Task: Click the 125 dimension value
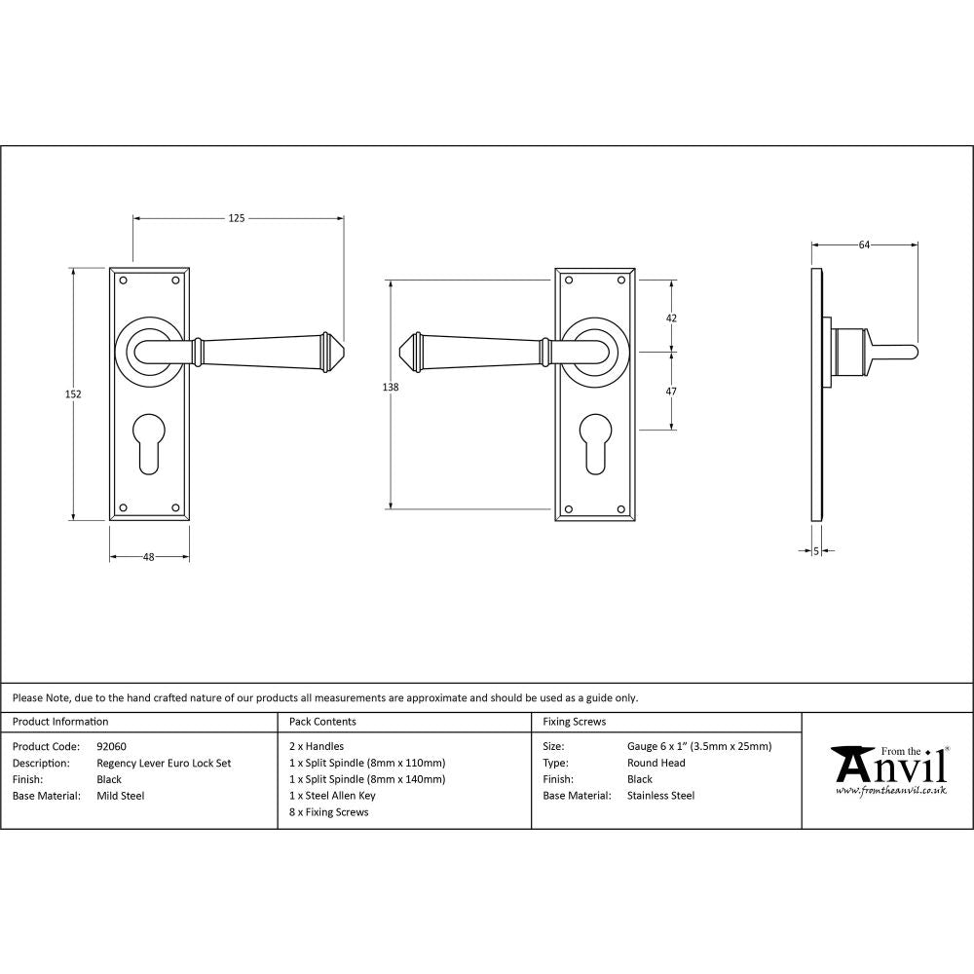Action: (237, 218)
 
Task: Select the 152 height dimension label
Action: (73, 394)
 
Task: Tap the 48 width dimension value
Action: (149, 557)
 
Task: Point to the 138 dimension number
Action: (391, 388)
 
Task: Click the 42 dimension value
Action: (671, 318)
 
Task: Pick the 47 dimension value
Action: (671, 391)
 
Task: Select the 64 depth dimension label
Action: (864, 245)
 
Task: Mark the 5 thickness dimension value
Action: (815, 551)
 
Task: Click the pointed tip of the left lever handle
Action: (341, 348)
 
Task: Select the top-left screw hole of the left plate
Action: (123, 281)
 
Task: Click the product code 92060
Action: (112, 747)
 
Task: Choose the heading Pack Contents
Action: (322, 722)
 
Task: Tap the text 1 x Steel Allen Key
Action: (332, 796)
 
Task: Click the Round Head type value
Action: (656, 764)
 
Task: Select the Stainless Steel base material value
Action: (660, 796)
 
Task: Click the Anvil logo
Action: (887, 770)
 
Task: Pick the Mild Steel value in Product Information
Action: (121, 796)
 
